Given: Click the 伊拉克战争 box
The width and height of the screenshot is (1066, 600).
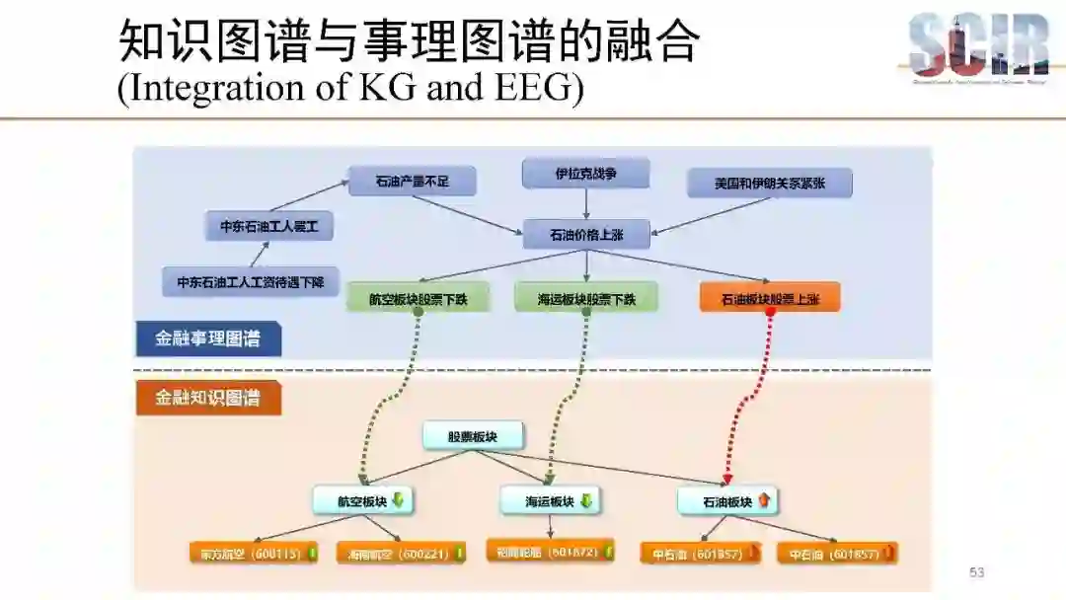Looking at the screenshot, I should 585,174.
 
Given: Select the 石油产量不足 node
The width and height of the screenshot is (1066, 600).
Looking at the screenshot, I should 412,182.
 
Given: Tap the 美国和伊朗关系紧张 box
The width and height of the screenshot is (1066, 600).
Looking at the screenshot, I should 769,183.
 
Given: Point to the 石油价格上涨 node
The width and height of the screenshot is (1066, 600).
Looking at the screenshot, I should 585,234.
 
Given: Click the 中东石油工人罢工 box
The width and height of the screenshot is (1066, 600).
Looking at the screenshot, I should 269,226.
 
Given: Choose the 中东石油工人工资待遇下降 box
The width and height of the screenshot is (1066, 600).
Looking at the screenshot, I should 250,281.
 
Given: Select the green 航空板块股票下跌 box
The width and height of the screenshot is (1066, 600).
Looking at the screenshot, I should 418,298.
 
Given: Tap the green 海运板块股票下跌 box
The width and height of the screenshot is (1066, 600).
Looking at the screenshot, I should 585,298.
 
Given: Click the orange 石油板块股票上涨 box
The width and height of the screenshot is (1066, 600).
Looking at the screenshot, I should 770,297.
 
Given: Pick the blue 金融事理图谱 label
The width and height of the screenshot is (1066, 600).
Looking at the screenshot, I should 208,338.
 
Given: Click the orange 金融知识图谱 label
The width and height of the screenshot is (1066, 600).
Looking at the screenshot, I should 208,398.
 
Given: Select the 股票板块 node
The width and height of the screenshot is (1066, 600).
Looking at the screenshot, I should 473,436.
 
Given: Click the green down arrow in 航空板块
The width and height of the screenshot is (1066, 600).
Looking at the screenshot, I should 398,500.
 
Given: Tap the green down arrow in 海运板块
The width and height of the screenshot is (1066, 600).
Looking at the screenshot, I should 584,500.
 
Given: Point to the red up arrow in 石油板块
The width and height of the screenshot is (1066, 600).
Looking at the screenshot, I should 763,500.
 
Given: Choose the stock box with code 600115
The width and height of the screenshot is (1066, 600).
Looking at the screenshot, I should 253,554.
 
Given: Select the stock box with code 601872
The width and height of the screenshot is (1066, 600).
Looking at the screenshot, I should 550,551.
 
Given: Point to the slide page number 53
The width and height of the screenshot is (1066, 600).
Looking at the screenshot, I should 977,572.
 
